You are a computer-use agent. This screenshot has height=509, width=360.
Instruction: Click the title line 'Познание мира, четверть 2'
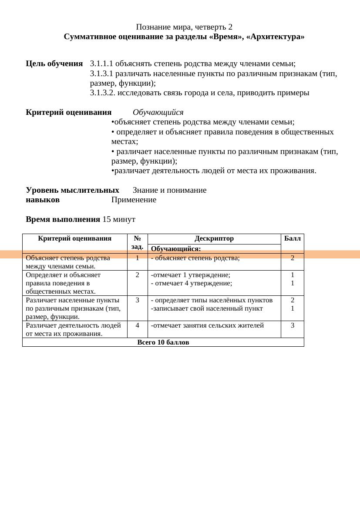click(184, 27)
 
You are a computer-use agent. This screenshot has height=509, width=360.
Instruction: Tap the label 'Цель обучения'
click(54, 64)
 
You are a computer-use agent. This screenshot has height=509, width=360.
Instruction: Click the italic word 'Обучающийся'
click(158, 112)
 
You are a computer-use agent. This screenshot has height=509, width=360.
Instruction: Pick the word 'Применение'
click(134, 200)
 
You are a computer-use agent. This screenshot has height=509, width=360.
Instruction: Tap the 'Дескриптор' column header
click(214, 238)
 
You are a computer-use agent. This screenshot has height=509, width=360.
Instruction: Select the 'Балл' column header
click(292, 238)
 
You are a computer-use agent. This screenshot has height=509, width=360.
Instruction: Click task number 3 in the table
click(137, 300)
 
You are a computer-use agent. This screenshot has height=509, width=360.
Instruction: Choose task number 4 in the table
click(137, 325)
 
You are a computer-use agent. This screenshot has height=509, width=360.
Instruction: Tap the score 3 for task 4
click(292, 325)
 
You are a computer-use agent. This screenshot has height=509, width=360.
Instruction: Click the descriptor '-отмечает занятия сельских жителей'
click(207, 325)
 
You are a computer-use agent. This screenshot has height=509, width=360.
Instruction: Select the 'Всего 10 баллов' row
click(163, 342)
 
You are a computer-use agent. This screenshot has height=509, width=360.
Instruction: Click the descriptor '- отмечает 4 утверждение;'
click(191, 283)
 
